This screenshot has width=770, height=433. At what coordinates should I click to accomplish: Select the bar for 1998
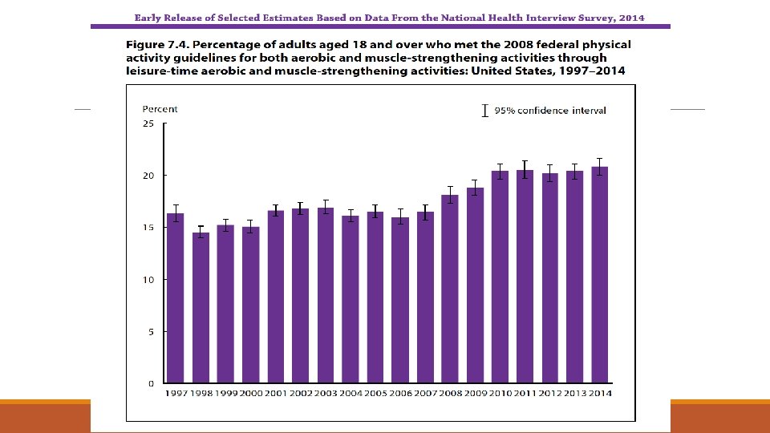[x=201, y=308]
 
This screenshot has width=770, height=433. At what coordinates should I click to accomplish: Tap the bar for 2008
[x=450, y=289]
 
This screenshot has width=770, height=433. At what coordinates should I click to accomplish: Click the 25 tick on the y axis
[x=148, y=123]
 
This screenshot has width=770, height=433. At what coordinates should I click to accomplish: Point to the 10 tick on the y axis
[x=148, y=280]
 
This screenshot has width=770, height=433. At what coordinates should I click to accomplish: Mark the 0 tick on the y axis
[x=150, y=383]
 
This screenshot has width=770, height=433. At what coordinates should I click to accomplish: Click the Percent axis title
[x=160, y=109]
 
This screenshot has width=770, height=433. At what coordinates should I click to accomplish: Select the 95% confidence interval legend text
[x=550, y=111]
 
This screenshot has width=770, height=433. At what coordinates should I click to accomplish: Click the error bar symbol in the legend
[x=484, y=111]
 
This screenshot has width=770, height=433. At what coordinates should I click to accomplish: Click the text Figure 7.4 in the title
[x=156, y=45]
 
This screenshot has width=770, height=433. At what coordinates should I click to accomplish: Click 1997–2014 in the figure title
[x=597, y=71]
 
